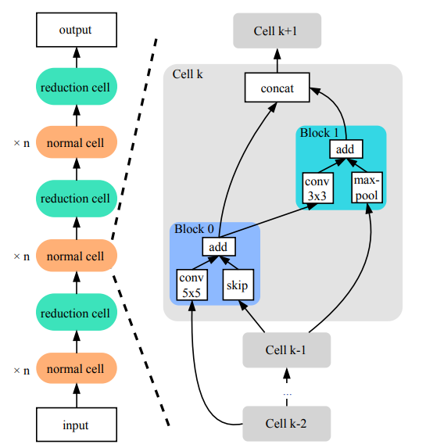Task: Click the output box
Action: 76,30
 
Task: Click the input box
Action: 76,425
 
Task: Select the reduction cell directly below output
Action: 76,87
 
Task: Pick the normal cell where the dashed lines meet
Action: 76,256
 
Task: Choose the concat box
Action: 277,88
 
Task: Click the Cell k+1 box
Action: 277,31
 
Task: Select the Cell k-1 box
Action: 286,351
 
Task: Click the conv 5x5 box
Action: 192,285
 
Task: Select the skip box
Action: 237,285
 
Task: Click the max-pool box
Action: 366,187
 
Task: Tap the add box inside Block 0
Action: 219,247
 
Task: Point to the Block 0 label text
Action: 193,230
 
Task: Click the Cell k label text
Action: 189,74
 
